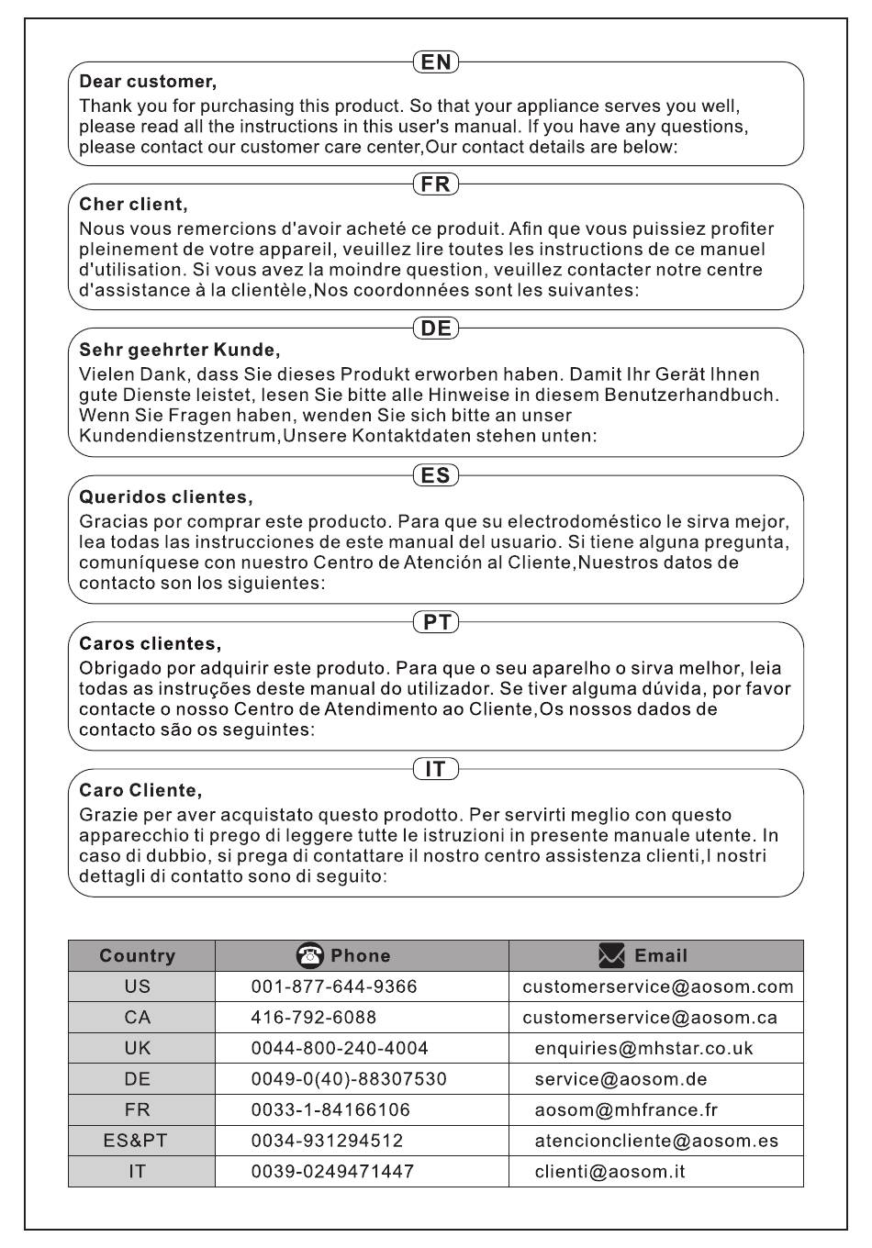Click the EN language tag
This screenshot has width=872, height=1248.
(436, 61)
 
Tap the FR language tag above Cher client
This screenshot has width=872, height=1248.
(436, 184)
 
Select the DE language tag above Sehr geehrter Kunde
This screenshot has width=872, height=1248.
(436, 329)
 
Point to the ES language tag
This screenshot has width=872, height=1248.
(436, 475)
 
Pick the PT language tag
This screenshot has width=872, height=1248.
(436, 622)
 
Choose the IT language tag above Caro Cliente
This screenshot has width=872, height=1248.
(436, 769)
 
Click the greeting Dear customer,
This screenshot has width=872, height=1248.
(148, 82)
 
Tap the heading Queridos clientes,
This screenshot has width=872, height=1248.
(166, 497)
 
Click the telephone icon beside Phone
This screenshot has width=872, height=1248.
(310, 955)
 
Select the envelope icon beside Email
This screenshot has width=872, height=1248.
(611, 955)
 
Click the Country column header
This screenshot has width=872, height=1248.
(138, 956)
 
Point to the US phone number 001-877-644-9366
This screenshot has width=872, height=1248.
(334, 986)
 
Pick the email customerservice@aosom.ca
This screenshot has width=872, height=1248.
(650, 1018)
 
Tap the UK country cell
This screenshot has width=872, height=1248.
(138, 1048)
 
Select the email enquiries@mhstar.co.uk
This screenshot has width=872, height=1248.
(643, 1048)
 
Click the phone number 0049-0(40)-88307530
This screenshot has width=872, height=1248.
(349, 1079)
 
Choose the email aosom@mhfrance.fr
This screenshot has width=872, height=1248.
(626, 1110)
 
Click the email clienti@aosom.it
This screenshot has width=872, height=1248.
(609, 1172)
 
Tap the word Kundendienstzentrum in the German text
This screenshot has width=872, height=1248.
(178, 436)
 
